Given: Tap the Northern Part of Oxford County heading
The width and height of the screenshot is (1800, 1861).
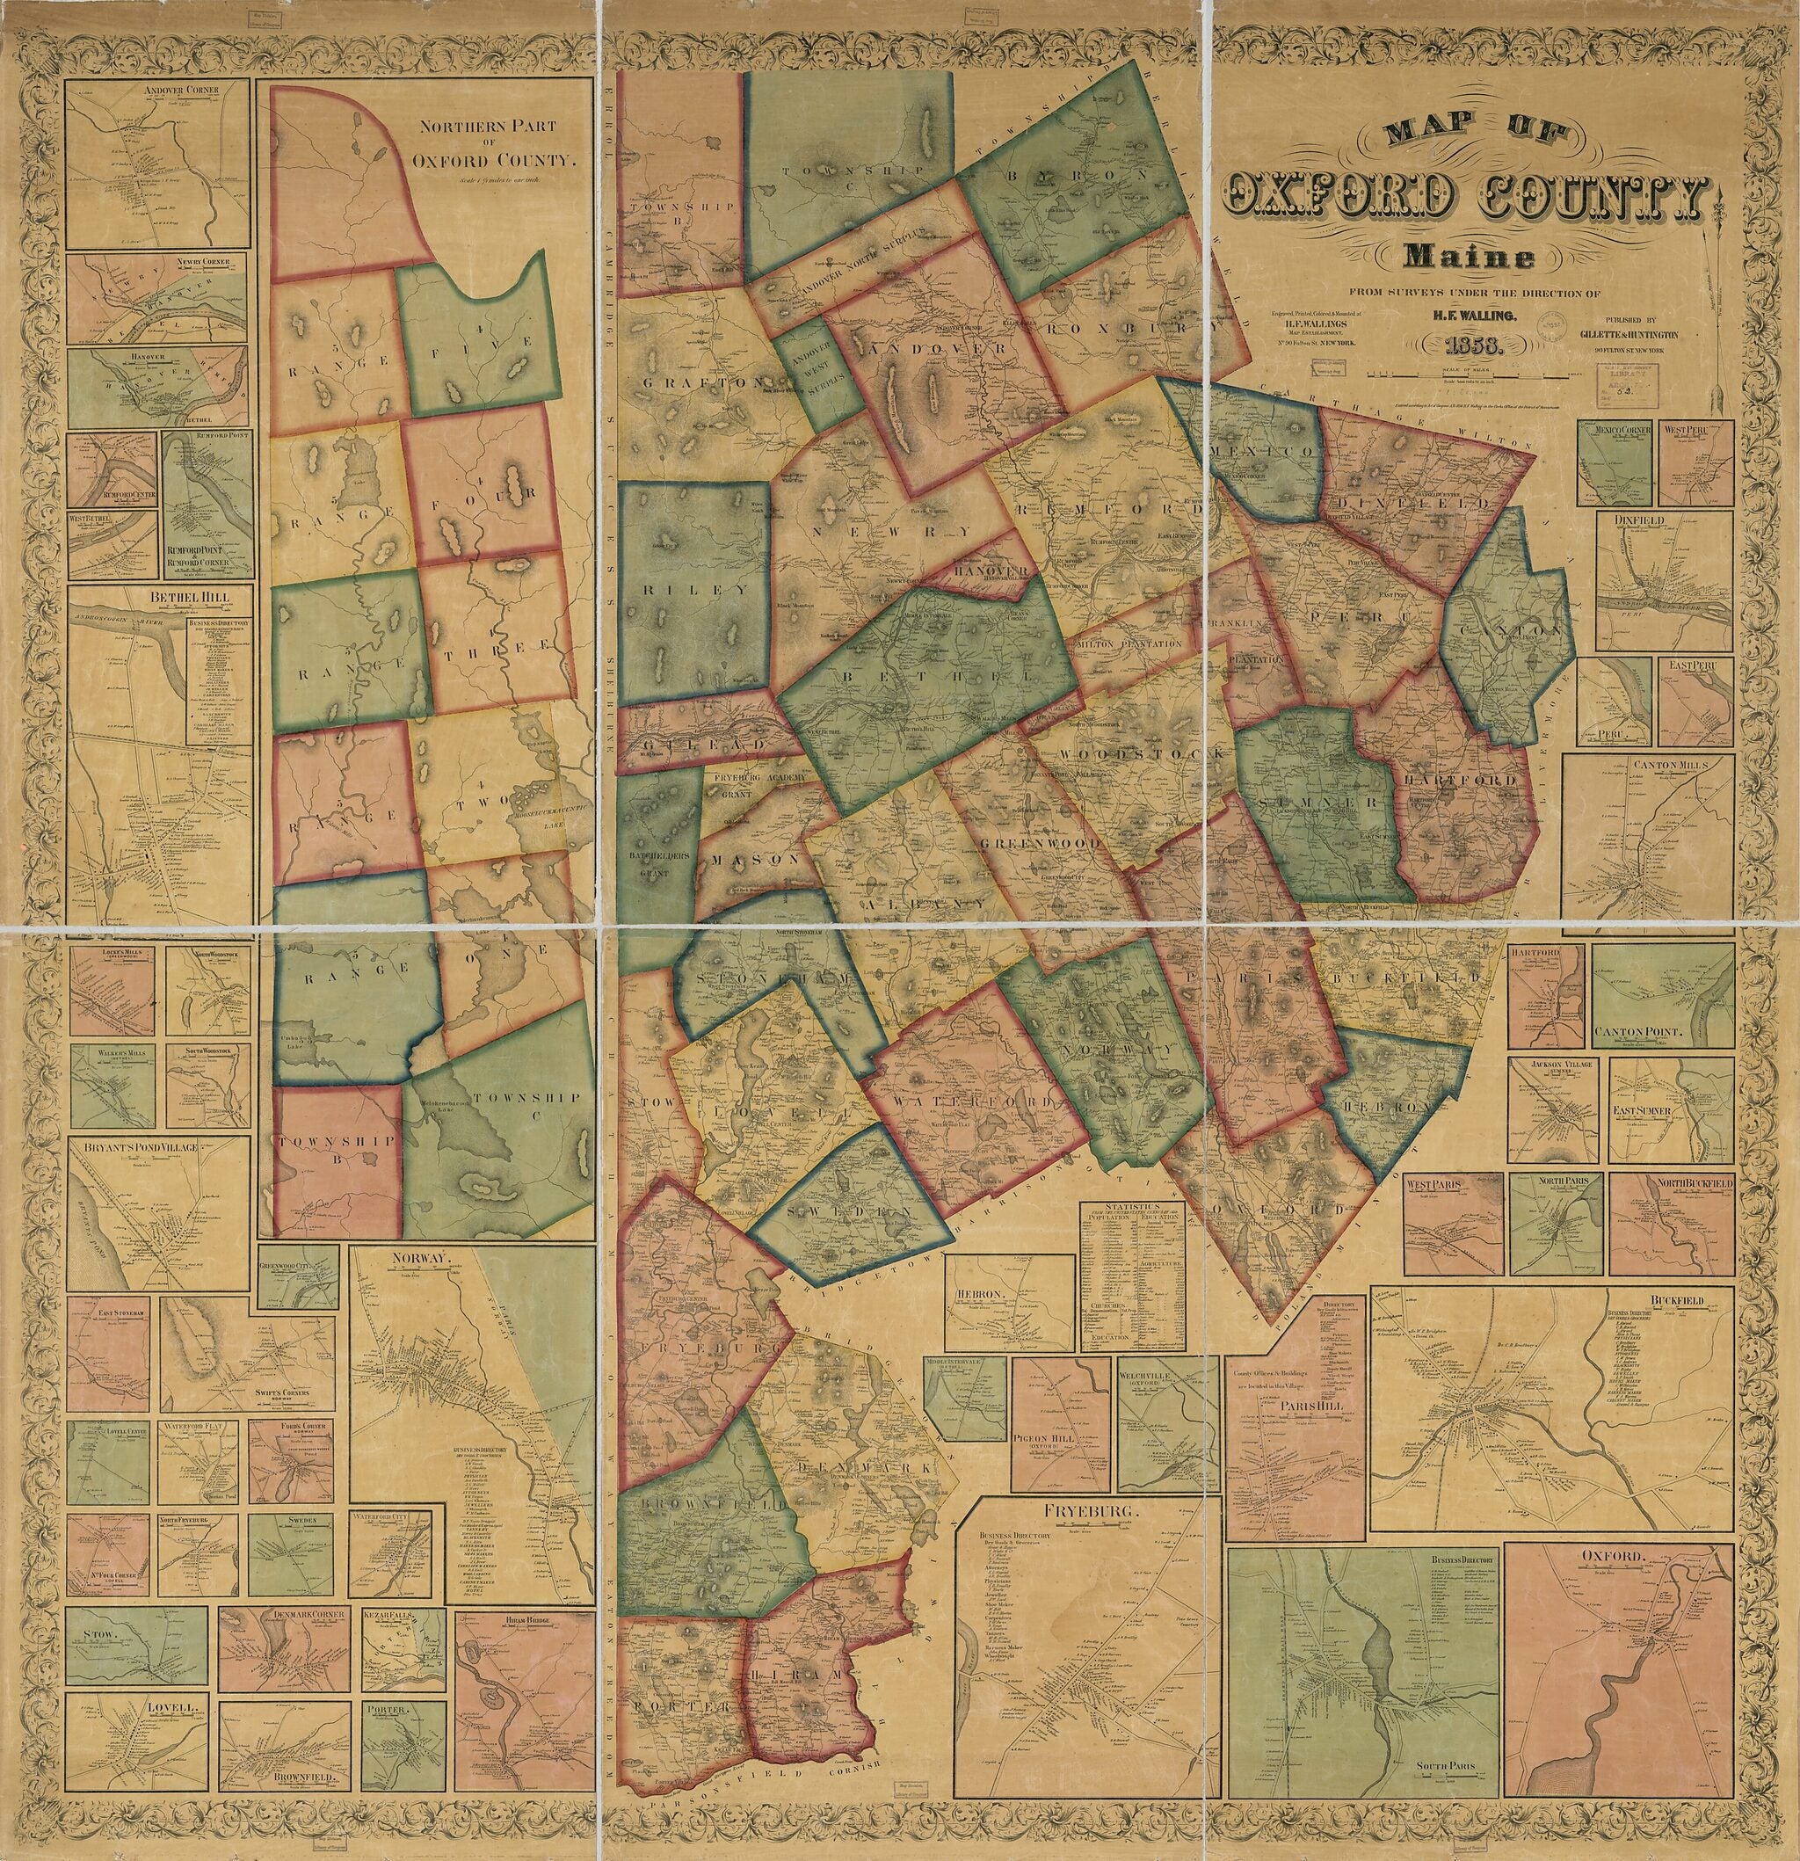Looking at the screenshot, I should tap(493, 142).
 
